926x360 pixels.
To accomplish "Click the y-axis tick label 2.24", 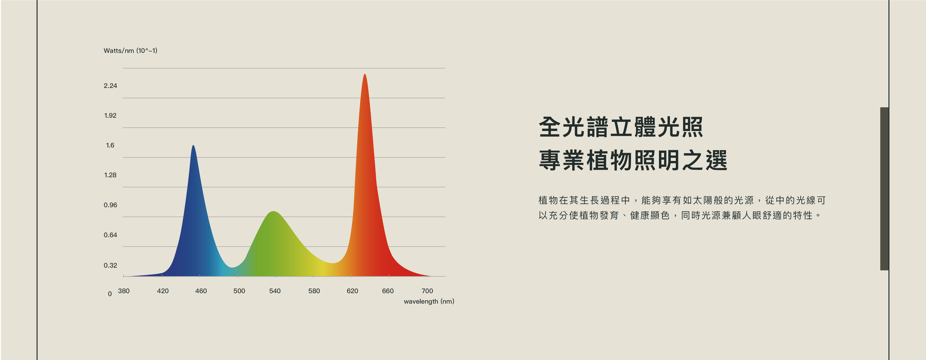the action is tap(110, 86).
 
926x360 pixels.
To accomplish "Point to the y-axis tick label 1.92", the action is tap(110, 115).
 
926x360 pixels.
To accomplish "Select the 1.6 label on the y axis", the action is tap(110, 145).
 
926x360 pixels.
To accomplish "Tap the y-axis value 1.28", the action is tap(110, 175).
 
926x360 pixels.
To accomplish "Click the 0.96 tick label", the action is tap(110, 205).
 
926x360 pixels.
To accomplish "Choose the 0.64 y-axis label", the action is tap(110, 235).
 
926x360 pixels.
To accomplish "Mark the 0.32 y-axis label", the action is tap(110, 265).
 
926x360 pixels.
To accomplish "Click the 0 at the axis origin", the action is tap(110, 294).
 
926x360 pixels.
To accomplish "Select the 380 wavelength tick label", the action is tap(124, 291).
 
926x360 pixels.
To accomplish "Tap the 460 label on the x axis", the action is tap(201, 291).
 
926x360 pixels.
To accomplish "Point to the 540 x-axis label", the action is tap(275, 291).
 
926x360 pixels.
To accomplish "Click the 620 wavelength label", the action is tap(352, 291).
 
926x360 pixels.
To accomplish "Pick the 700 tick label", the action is tap(427, 291).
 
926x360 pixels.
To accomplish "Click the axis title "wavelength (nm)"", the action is tap(429, 301).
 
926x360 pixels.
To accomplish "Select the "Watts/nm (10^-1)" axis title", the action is tap(130, 51).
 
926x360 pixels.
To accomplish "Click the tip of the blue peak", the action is tap(193, 145).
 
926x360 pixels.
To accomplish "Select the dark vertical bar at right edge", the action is tap(884, 189).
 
